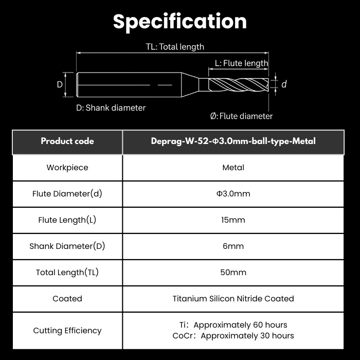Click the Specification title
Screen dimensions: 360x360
pos(180,22)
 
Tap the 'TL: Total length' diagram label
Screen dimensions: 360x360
pos(175,47)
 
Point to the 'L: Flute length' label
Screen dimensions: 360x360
pos(241,63)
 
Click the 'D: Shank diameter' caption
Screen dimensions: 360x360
pos(111,107)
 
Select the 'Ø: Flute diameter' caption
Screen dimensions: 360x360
pos(241,116)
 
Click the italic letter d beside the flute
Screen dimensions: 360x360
pos(284,84)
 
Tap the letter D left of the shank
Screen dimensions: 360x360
pos(60,84)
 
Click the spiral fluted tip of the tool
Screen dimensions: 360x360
pos(239,85)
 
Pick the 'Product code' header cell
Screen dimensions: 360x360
pos(67,141)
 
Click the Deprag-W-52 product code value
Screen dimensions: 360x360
pos(233,141)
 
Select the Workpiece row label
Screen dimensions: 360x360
pos(67,167)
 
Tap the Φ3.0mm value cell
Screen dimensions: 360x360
pos(233,193)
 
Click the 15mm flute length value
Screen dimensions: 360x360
pos(233,220)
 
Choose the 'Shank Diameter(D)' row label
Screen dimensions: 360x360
pos(67,246)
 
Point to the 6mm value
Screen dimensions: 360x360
pos(233,246)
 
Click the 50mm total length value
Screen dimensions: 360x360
pos(233,272)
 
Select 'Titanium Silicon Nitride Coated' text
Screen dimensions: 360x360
pos(233,298)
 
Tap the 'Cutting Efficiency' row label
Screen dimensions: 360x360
pos(67,330)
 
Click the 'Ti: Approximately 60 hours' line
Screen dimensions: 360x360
pos(233,325)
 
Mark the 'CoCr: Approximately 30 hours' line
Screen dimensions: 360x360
pos(233,336)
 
